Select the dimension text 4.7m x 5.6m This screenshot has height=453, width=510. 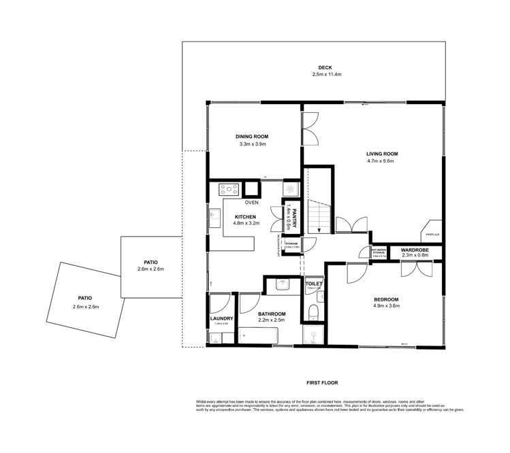coord(382,161)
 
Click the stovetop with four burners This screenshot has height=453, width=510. coord(227,189)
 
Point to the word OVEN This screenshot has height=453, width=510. coord(252,202)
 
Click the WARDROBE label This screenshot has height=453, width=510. coord(414,250)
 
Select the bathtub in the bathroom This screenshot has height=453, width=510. coord(258,335)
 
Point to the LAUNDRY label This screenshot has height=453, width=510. coord(222,318)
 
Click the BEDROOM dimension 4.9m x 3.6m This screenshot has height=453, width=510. coord(385,307)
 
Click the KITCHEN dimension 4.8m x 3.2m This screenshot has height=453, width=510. coord(246,222)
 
